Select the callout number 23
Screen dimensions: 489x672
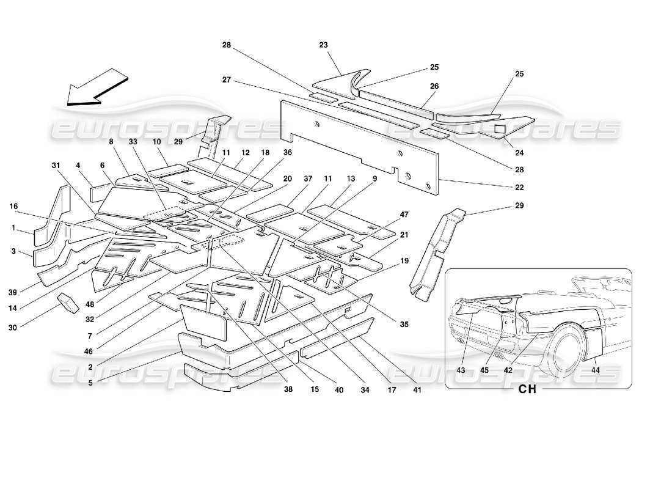pyautogui.click(x=324, y=44)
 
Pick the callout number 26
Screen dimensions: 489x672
pyautogui.click(x=434, y=87)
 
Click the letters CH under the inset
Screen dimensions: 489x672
pyautogui.click(x=527, y=389)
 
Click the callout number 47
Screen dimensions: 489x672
pyautogui.click(x=404, y=215)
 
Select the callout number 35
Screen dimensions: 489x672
pyautogui.click(x=404, y=325)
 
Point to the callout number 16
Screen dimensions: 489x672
pyautogui.click(x=13, y=207)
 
